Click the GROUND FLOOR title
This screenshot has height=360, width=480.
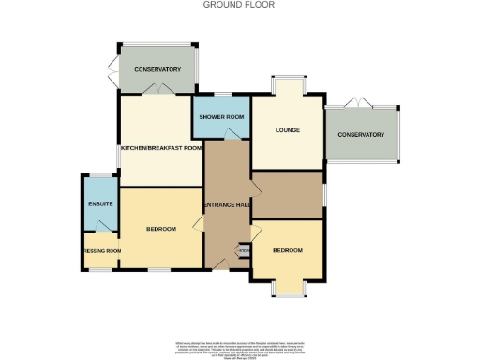(239, 5)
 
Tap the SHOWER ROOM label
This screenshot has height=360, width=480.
(221, 117)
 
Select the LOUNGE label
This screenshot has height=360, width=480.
(287, 129)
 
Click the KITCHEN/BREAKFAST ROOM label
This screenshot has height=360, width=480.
(160, 148)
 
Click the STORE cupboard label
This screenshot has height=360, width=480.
(243, 250)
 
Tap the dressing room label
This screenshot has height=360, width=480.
(102, 251)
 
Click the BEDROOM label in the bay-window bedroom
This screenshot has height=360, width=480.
(288, 250)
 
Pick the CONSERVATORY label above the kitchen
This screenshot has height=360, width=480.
(157, 70)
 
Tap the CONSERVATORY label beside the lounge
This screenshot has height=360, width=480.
(362, 135)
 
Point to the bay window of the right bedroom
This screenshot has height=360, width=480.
(288, 290)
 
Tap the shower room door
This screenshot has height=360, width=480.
(232, 135)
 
